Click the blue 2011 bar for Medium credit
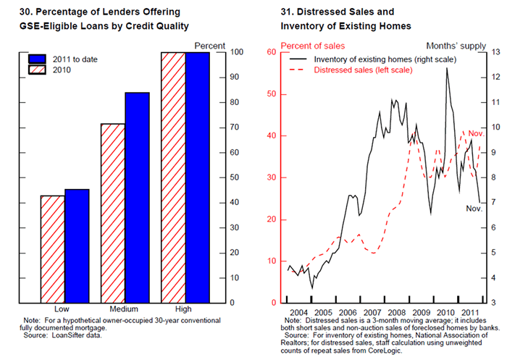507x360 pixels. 137,197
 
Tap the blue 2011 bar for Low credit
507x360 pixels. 77,246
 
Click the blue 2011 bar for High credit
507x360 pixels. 197,177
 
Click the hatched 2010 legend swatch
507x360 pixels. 37,70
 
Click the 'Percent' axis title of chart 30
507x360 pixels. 211,46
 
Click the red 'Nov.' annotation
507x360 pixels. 476,134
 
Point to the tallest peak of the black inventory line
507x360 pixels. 447,67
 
